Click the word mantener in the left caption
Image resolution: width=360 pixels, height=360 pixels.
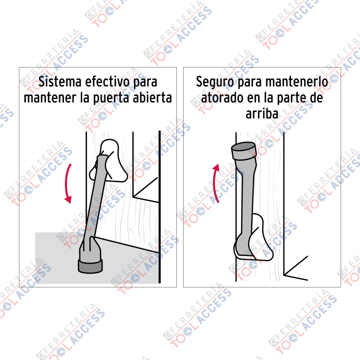(50, 98)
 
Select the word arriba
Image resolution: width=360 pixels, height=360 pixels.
(262, 114)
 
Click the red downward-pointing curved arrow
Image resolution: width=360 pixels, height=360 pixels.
(67, 184)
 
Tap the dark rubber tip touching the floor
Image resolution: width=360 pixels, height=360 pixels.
(90, 266)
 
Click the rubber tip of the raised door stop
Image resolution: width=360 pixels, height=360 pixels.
(243, 151)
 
